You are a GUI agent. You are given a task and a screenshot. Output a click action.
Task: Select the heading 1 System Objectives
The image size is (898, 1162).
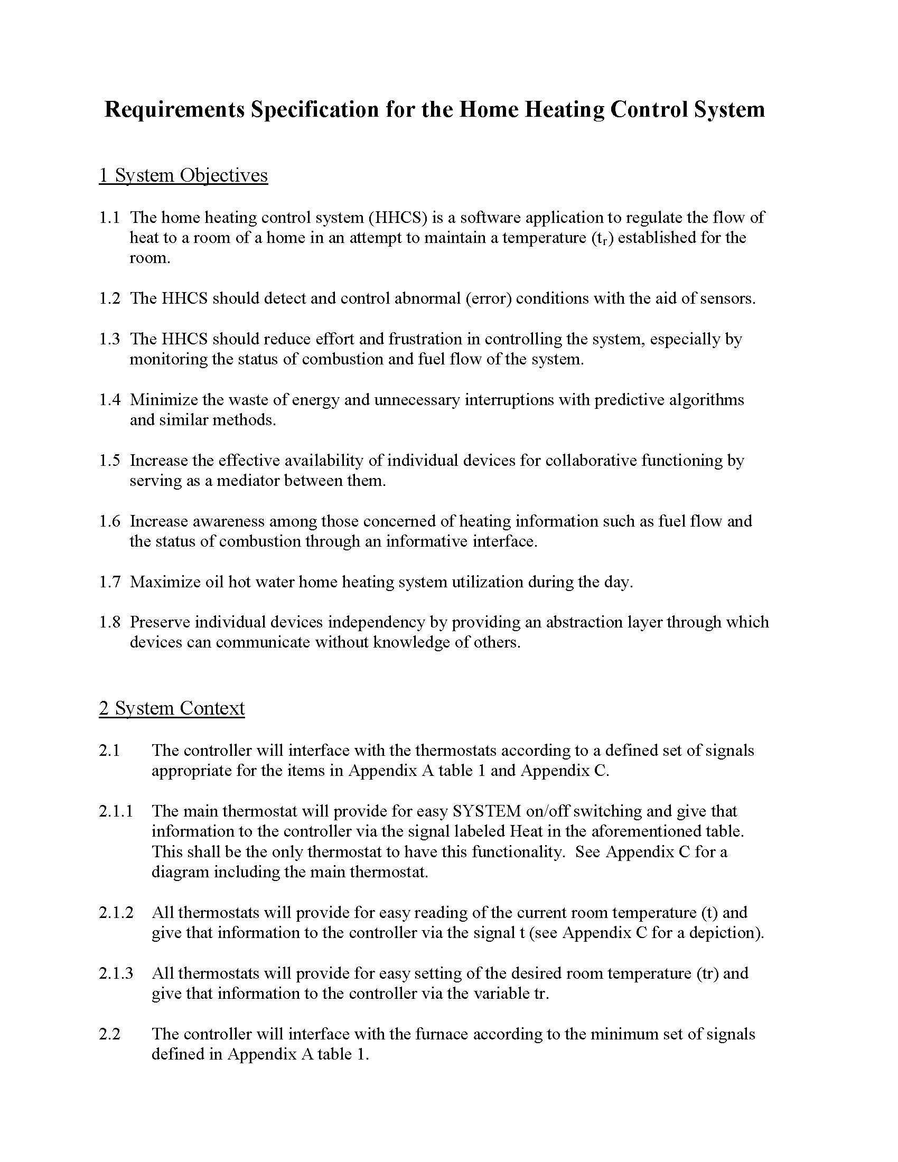point(183,175)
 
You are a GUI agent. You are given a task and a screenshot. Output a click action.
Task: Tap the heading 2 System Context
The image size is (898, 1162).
point(171,708)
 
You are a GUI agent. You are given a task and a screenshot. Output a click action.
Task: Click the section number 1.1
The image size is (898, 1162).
point(109,218)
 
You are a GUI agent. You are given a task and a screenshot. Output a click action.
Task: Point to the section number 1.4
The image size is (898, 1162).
point(109,400)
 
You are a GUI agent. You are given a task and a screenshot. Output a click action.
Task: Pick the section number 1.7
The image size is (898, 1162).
point(109,582)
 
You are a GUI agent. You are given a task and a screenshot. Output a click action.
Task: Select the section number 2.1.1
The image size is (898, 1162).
point(116,811)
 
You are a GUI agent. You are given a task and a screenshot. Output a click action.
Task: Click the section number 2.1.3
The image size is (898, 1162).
point(116,973)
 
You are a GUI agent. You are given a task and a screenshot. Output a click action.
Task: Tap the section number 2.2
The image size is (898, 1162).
point(109,1034)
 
